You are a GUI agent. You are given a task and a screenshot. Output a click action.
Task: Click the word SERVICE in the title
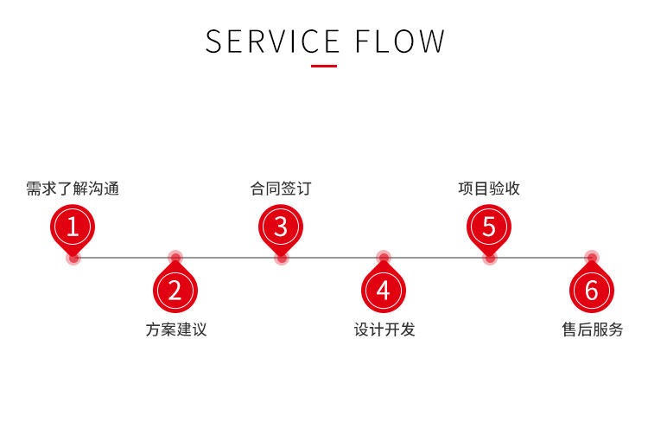273,42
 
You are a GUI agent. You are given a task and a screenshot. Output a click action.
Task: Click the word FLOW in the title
400,42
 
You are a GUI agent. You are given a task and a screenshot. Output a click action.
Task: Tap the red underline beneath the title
324,66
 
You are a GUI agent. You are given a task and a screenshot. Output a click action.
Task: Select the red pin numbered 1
73,229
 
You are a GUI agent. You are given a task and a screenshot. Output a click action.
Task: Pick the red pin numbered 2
175,286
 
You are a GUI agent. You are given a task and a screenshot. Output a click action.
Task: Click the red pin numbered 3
281,229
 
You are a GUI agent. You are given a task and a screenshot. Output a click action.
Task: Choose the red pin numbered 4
384,286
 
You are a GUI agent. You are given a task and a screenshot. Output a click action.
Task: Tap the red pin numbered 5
489,229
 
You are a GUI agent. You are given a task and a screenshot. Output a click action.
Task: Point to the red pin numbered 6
592,286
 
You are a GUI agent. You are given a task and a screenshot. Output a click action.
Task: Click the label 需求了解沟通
73,189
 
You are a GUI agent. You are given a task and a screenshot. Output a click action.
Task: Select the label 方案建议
176,329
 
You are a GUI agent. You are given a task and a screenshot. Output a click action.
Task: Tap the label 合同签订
281,189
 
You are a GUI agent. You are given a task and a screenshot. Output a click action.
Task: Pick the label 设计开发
384,329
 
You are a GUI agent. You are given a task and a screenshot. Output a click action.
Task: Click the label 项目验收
489,189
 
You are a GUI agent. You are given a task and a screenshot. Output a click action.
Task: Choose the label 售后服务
593,329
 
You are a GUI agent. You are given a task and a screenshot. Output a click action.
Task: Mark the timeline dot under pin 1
73,259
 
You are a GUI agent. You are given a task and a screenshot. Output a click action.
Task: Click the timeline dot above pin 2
175,257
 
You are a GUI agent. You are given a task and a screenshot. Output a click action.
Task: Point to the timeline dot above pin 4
384,257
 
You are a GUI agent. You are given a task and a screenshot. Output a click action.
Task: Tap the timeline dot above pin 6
592,257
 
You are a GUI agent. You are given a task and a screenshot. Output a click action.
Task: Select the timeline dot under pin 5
490,259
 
